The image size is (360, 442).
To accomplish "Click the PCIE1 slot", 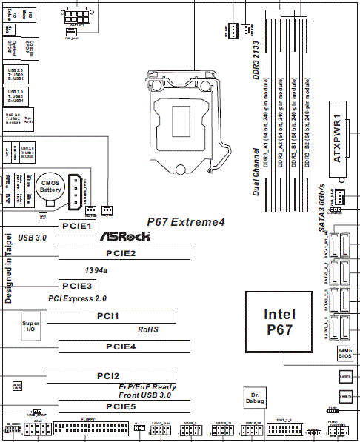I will pos(76,226).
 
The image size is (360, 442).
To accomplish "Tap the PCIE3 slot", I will pos(76,285).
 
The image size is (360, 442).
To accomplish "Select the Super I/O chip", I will pos(30,327).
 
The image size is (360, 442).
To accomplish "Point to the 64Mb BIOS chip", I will pos(345,353).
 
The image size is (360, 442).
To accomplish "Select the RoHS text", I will pos(149,329).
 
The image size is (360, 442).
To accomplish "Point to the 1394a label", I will pos(96,270).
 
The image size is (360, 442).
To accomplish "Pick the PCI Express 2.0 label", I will pos(78,298).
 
